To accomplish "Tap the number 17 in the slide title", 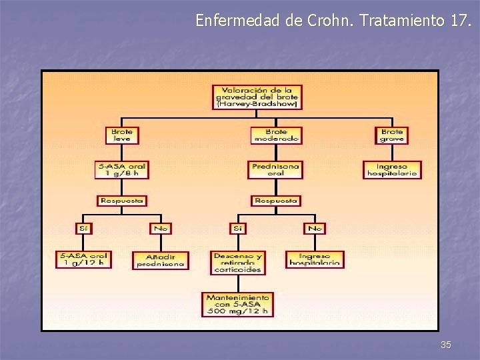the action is (459, 21).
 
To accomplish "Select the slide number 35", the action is (446, 345).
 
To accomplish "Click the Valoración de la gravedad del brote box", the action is (257, 97).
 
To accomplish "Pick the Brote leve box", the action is (122, 135).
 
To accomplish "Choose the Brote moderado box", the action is (276, 135).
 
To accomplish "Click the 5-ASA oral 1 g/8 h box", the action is (121, 169).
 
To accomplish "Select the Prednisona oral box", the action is (275, 169).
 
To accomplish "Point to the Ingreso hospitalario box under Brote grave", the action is (392, 169).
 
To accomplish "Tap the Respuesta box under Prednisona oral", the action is (275, 200).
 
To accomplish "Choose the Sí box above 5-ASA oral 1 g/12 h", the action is (83, 228).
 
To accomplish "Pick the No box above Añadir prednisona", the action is (160, 228).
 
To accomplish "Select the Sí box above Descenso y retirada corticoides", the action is (237, 228).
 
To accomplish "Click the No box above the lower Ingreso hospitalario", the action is (315, 228).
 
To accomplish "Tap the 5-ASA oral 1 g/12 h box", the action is (83, 259).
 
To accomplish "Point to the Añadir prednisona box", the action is (160, 260).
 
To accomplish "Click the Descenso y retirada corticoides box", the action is (237, 263).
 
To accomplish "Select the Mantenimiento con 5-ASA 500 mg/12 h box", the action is (237, 304).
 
